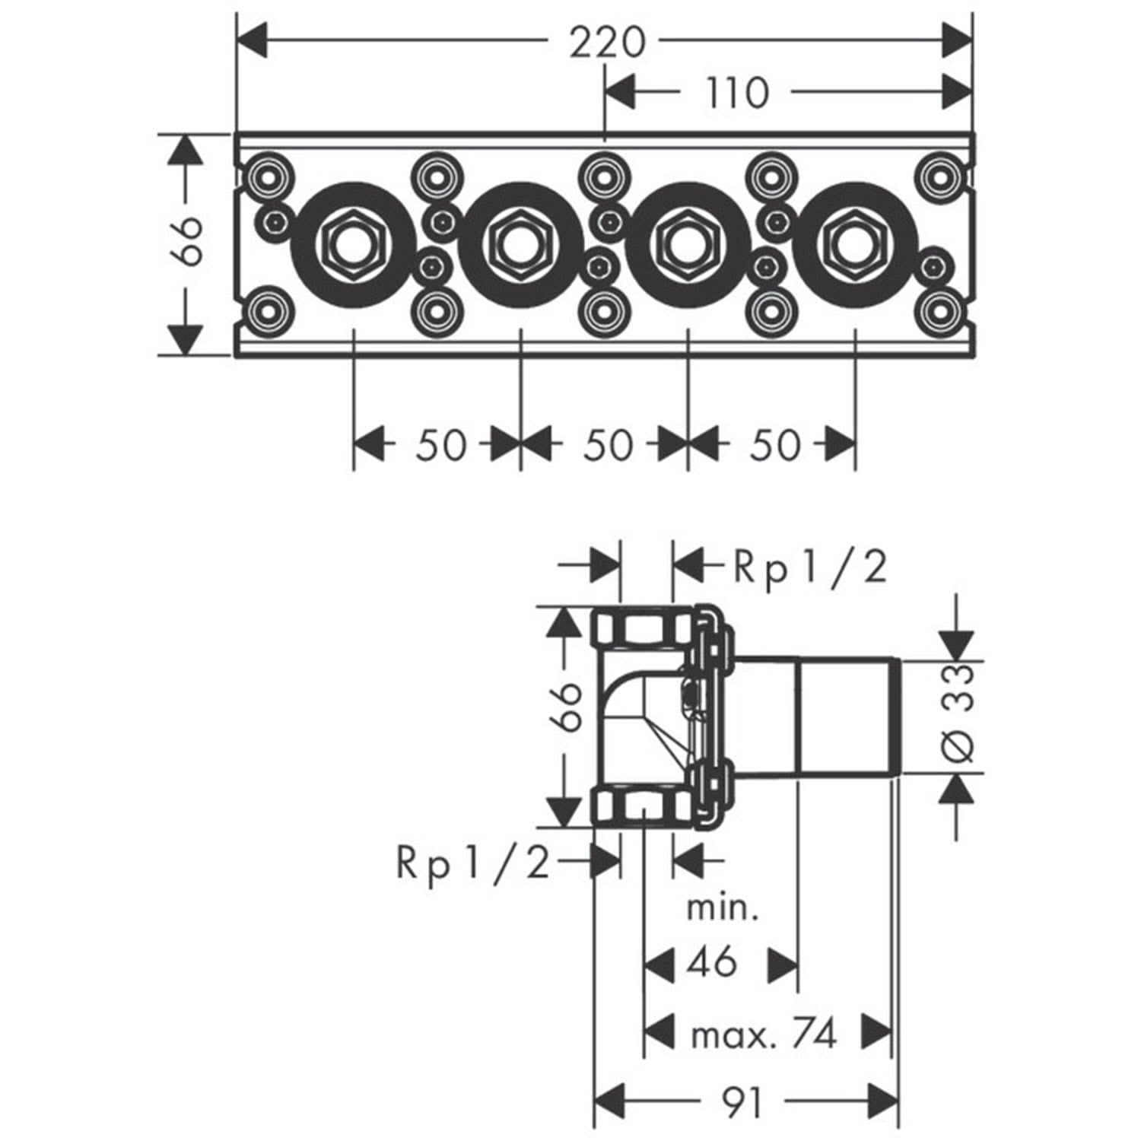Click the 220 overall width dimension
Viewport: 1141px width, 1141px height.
(x=607, y=42)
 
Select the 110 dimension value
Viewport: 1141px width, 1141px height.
(x=736, y=94)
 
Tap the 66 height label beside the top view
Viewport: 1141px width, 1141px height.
(x=186, y=241)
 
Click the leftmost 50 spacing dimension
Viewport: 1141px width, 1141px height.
(x=440, y=444)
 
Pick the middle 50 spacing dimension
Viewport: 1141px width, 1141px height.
(x=608, y=444)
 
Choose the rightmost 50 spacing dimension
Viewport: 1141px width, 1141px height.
(x=775, y=444)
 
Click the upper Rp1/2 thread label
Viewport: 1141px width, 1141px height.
(x=810, y=567)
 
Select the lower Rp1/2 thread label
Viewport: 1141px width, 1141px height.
(x=472, y=863)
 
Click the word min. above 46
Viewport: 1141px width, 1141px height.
(x=723, y=908)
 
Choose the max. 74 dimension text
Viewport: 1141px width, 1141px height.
(x=764, y=1035)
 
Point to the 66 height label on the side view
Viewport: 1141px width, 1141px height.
(x=566, y=705)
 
